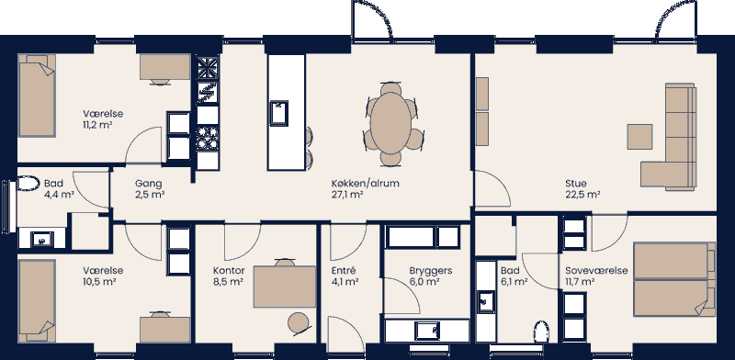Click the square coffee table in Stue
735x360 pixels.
point(640,136)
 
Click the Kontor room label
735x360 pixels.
point(228,271)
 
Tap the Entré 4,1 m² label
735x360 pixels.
point(343,277)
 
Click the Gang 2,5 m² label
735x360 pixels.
point(149,189)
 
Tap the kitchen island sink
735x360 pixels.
point(278,114)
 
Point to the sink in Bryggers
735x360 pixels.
point(425,329)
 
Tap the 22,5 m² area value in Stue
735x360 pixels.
point(582,195)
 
